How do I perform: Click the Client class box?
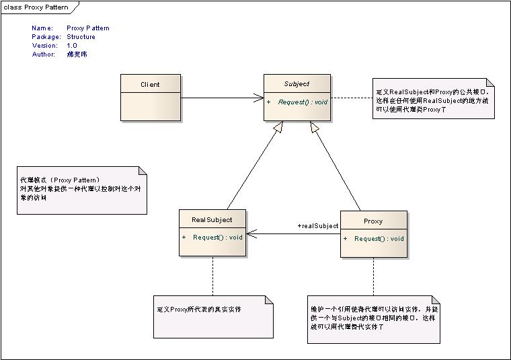[150, 96]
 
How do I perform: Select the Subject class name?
[297, 84]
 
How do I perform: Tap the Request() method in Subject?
[302, 102]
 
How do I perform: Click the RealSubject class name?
[212, 220]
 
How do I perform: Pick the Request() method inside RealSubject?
[217, 238]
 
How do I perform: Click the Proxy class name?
[373, 221]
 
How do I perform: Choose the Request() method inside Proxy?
[379, 238]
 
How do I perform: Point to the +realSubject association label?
[317, 226]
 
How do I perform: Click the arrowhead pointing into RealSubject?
[251, 234]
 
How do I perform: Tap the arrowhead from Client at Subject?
[259, 98]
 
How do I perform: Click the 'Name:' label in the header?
[42, 28]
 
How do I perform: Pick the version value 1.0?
[72, 46]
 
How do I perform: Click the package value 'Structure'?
[81, 37]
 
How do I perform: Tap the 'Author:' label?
[44, 55]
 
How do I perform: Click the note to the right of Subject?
[434, 99]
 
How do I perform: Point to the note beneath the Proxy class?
[374, 319]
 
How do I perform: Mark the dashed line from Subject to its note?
[351, 98]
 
